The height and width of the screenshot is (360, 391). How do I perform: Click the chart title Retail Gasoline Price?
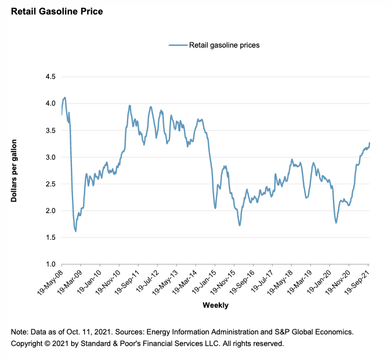point(56,11)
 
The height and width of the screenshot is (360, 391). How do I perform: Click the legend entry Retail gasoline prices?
point(224,45)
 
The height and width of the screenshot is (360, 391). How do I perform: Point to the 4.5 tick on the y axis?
point(50,77)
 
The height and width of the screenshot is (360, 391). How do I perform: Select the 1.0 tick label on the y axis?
point(50,264)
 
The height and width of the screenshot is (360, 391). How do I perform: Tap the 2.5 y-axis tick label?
point(50,184)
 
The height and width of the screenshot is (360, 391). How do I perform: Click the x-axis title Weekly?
point(215,305)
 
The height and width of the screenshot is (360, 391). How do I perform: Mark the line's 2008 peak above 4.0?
point(64,98)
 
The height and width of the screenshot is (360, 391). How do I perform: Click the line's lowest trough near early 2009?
point(76,231)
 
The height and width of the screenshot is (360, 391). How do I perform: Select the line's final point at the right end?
point(370,143)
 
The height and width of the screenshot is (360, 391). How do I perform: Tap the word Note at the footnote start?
point(20,332)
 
